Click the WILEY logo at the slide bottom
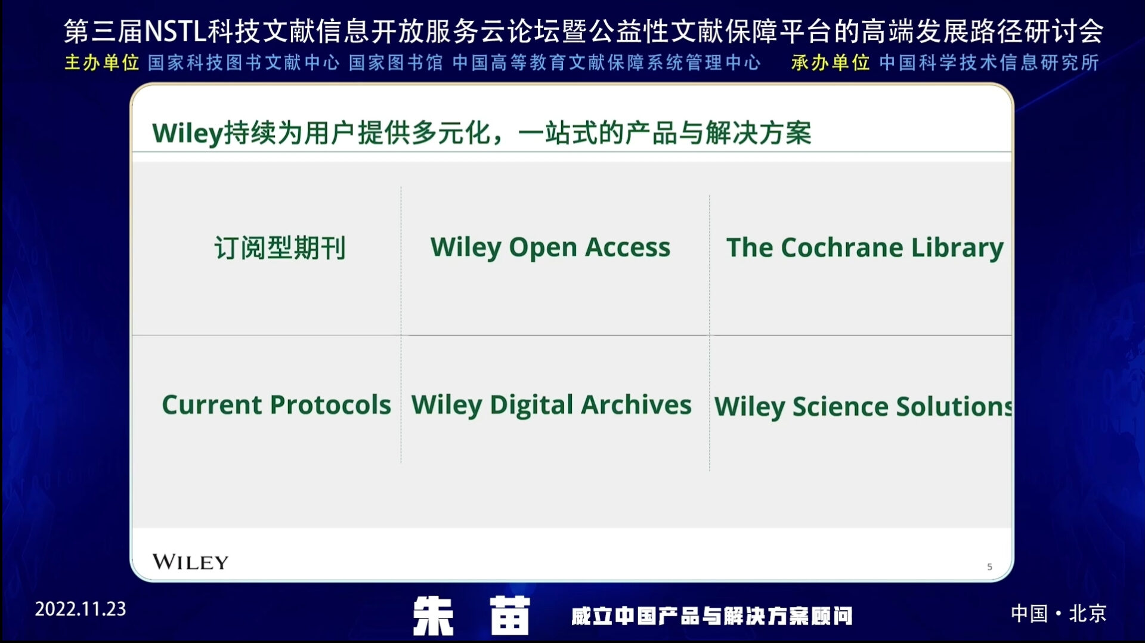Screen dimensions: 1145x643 (190, 562)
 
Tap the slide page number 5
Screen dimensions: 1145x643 (989, 567)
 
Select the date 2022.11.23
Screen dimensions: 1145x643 (81, 609)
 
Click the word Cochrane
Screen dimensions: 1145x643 (842, 248)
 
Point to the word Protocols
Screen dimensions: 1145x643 (330, 405)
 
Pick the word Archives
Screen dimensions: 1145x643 (636, 404)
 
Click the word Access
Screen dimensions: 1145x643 (627, 248)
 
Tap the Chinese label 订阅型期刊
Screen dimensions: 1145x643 (280, 248)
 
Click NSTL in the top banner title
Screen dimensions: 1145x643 (175, 31)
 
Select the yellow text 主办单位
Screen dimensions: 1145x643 (101, 63)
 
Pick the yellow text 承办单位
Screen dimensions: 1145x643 (830, 63)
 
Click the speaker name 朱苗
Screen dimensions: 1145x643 (471, 616)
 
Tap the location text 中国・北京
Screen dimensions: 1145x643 (1059, 613)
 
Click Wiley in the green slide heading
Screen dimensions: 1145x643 (187, 133)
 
